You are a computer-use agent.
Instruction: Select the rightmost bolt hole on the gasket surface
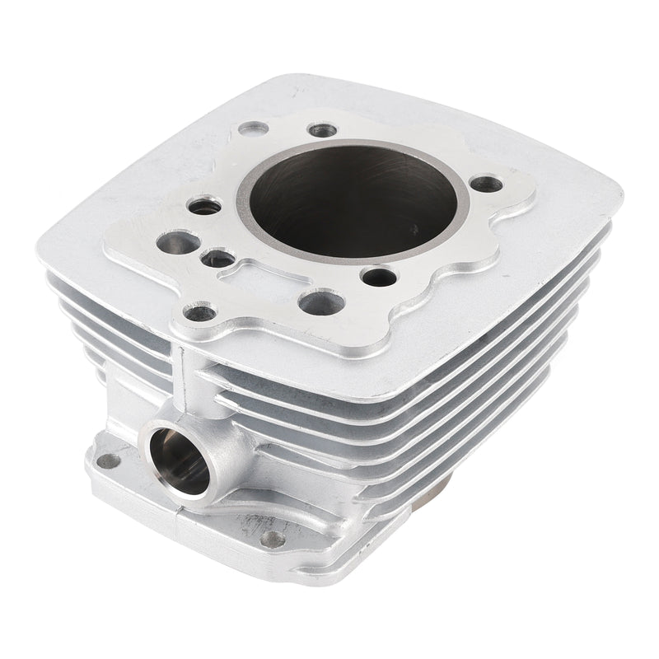[x=487, y=184]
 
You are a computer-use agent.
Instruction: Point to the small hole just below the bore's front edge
[x=378, y=277]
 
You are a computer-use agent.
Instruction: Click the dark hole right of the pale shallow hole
[x=320, y=130]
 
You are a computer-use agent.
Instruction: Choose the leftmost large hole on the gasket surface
[x=177, y=243]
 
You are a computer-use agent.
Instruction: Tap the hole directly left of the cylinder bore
[x=204, y=206]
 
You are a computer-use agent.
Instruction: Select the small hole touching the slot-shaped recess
[x=218, y=259]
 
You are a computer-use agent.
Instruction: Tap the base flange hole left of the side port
[x=106, y=460]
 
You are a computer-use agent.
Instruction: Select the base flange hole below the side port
[x=273, y=539]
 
